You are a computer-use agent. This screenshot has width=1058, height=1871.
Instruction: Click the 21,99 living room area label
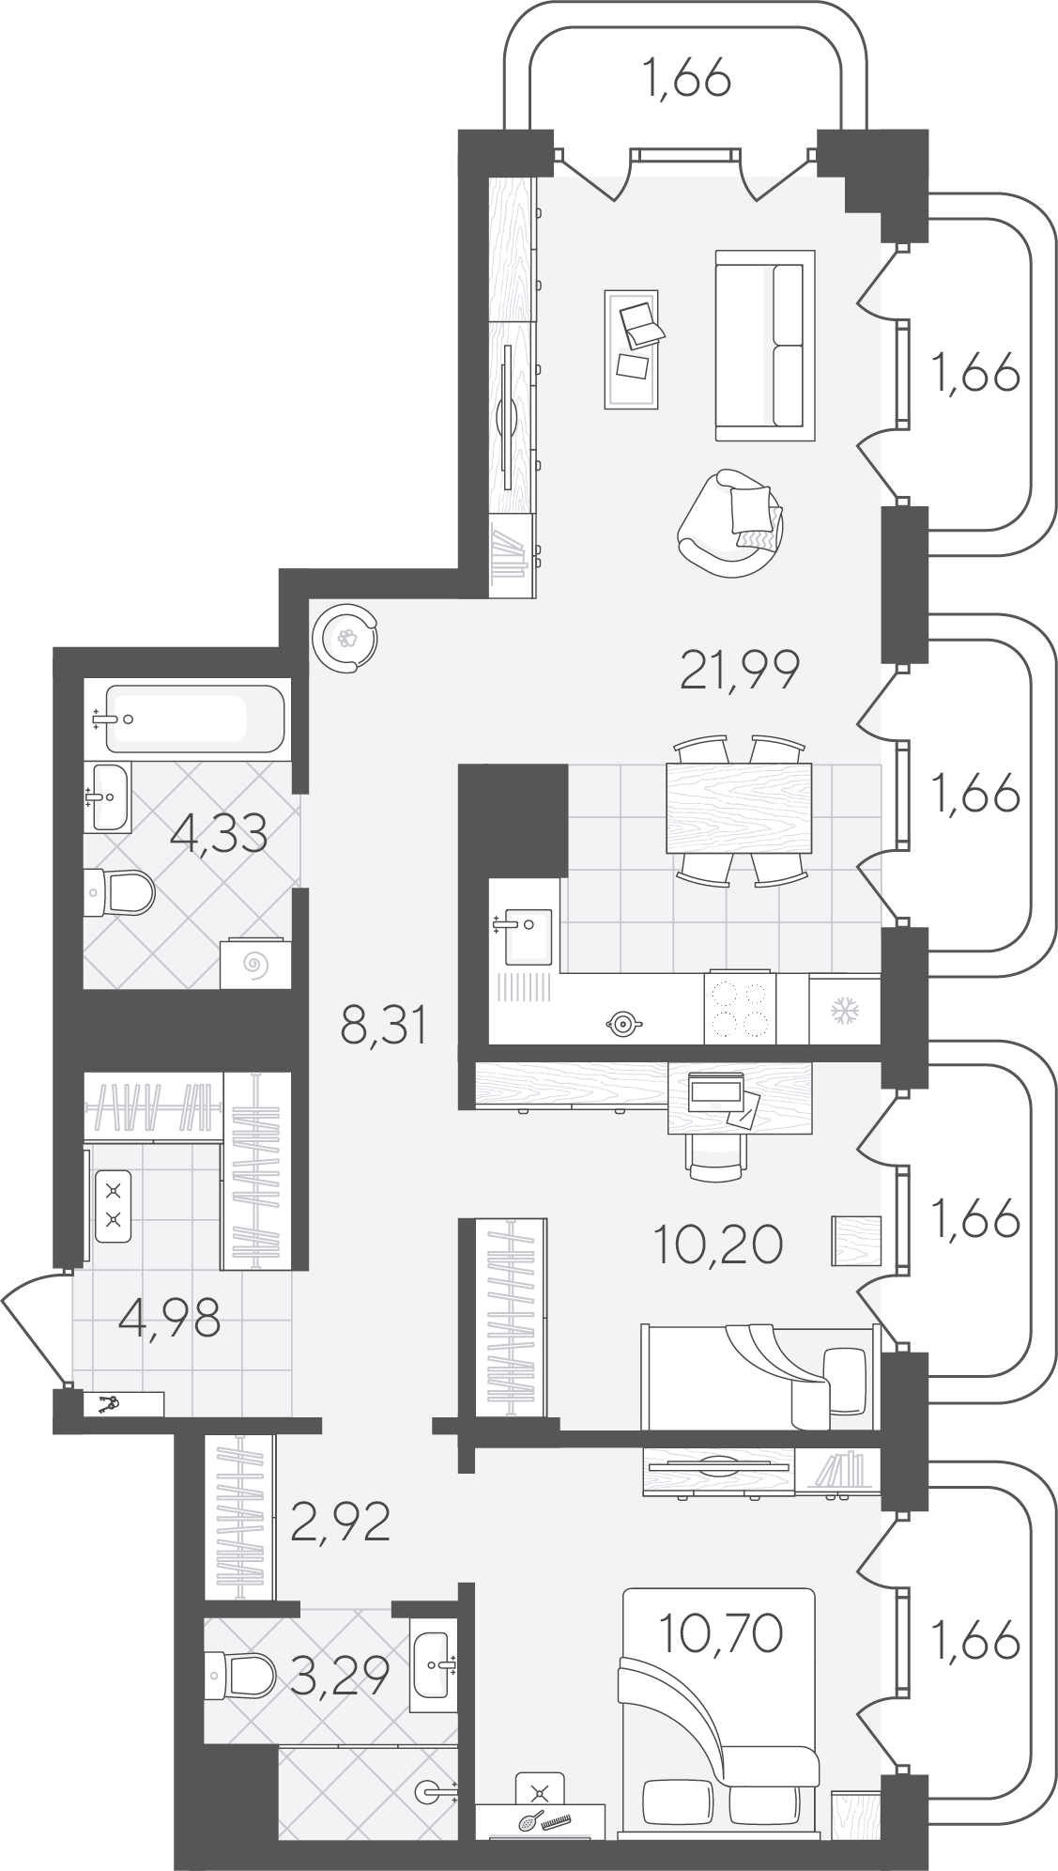[x=739, y=670]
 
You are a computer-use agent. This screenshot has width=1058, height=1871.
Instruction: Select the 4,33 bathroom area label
[x=220, y=833]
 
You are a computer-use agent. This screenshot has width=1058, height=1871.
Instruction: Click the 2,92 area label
[x=340, y=1523]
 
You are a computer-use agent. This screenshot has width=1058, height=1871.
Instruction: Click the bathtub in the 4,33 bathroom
[x=192, y=719]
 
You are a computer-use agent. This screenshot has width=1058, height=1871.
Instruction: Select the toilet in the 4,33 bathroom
[x=119, y=892]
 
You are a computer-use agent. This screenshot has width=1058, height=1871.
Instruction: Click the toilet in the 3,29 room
[x=240, y=1673]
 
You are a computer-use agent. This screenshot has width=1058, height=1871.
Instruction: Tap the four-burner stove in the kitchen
[x=740, y=1008]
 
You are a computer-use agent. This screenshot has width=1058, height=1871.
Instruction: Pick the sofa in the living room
[x=765, y=345]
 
